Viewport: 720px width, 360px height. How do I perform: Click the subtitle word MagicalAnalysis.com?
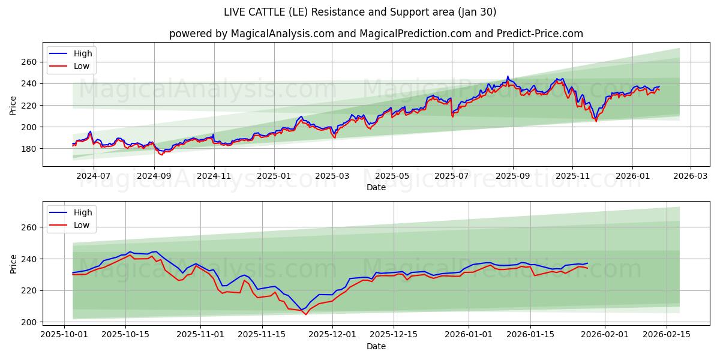283,34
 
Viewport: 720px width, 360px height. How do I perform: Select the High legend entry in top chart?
83,53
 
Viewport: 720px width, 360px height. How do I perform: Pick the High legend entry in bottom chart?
83,212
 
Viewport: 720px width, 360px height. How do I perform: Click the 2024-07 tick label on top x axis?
94,176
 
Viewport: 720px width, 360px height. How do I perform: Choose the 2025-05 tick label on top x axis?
392,176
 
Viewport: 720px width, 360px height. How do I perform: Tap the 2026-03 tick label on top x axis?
690,176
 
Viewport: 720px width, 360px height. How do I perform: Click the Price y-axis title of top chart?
13,105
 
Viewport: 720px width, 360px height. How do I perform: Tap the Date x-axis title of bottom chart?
376,346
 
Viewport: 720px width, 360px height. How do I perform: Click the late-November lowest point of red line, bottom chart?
305,314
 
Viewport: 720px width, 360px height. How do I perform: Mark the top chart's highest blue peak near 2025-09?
508,76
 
